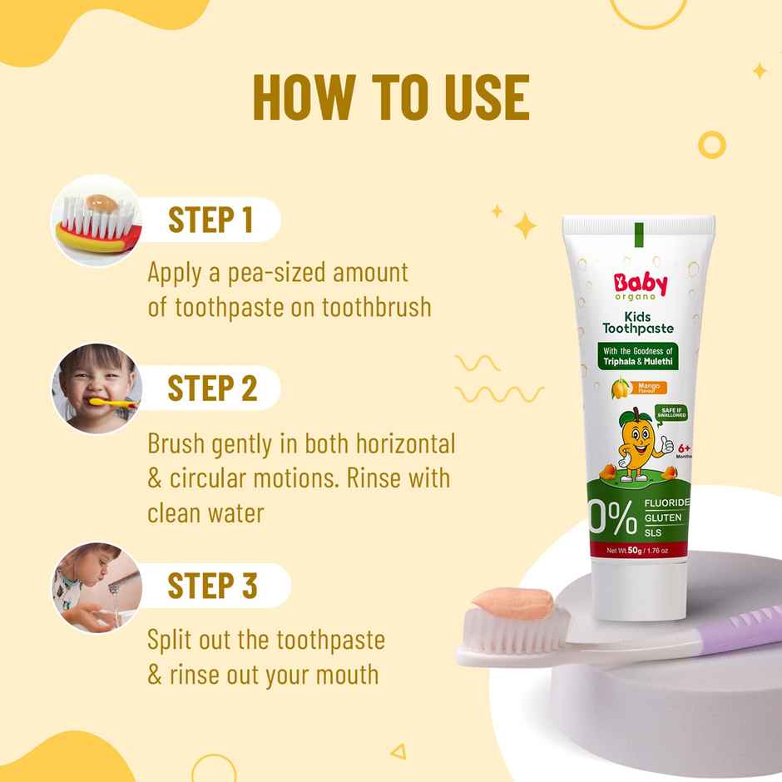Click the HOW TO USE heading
click(390, 97)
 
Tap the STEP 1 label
click(210, 220)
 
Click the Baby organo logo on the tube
click(640, 287)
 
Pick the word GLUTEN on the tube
click(663, 518)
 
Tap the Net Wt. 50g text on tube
click(637, 550)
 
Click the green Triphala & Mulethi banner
click(639, 356)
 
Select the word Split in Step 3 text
click(170, 641)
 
